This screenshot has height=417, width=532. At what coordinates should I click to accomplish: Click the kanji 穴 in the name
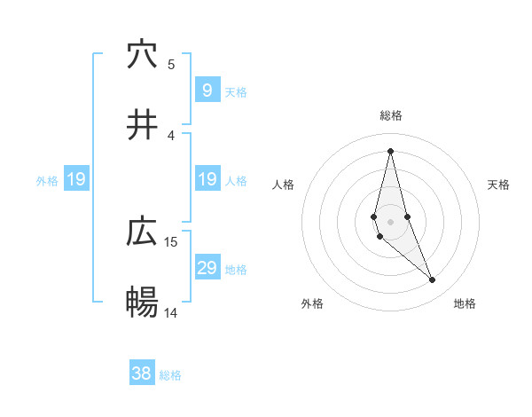[x=143, y=56]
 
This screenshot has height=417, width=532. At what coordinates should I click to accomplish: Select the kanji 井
[x=143, y=125]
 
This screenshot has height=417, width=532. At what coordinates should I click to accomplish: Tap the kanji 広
[x=143, y=232]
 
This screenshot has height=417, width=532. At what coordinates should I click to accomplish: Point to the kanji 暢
[x=143, y=303]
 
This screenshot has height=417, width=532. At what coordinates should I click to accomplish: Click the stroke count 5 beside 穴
[x=171, y=64]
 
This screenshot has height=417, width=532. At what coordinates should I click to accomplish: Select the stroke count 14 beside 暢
[x=171, y=312]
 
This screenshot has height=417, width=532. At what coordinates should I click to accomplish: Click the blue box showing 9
[x=207, y=90]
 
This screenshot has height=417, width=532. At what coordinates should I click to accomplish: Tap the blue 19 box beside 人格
[x=207, y=179]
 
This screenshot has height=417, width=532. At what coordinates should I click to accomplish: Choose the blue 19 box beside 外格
[x=75, y=179]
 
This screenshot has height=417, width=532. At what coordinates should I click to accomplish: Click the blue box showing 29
[x=207, y=268]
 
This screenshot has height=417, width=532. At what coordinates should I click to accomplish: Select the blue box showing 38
[x=141, y=374]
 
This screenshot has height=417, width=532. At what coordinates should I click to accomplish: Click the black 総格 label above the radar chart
[x=390, y=115]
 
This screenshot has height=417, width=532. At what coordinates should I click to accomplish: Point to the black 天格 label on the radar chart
[x=498, y=185]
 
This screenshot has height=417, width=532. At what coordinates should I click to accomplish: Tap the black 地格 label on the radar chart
[x=465, y=303]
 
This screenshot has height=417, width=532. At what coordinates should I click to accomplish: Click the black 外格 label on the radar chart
[x=312, y=303]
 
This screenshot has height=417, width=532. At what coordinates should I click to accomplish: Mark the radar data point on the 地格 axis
[x=433, y=280]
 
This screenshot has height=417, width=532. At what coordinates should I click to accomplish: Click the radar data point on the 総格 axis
[x=390, y=151]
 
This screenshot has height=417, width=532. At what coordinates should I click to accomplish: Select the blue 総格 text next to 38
[x=170, y=375]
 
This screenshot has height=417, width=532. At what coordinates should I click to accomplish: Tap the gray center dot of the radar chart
[x=390, y=221]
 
